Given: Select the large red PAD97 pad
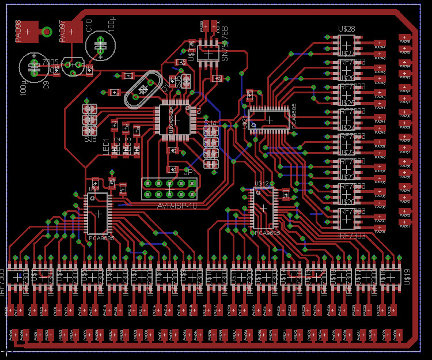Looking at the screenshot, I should tap(71, 32).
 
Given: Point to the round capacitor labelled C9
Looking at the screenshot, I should tap(35, 68).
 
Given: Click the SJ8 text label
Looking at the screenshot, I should tap(90, 139).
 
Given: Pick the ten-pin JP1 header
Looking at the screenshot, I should tap(169, 184).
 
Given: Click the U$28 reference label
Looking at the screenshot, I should tap(346, 29).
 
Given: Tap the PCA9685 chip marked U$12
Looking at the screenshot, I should tap(264, 207).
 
